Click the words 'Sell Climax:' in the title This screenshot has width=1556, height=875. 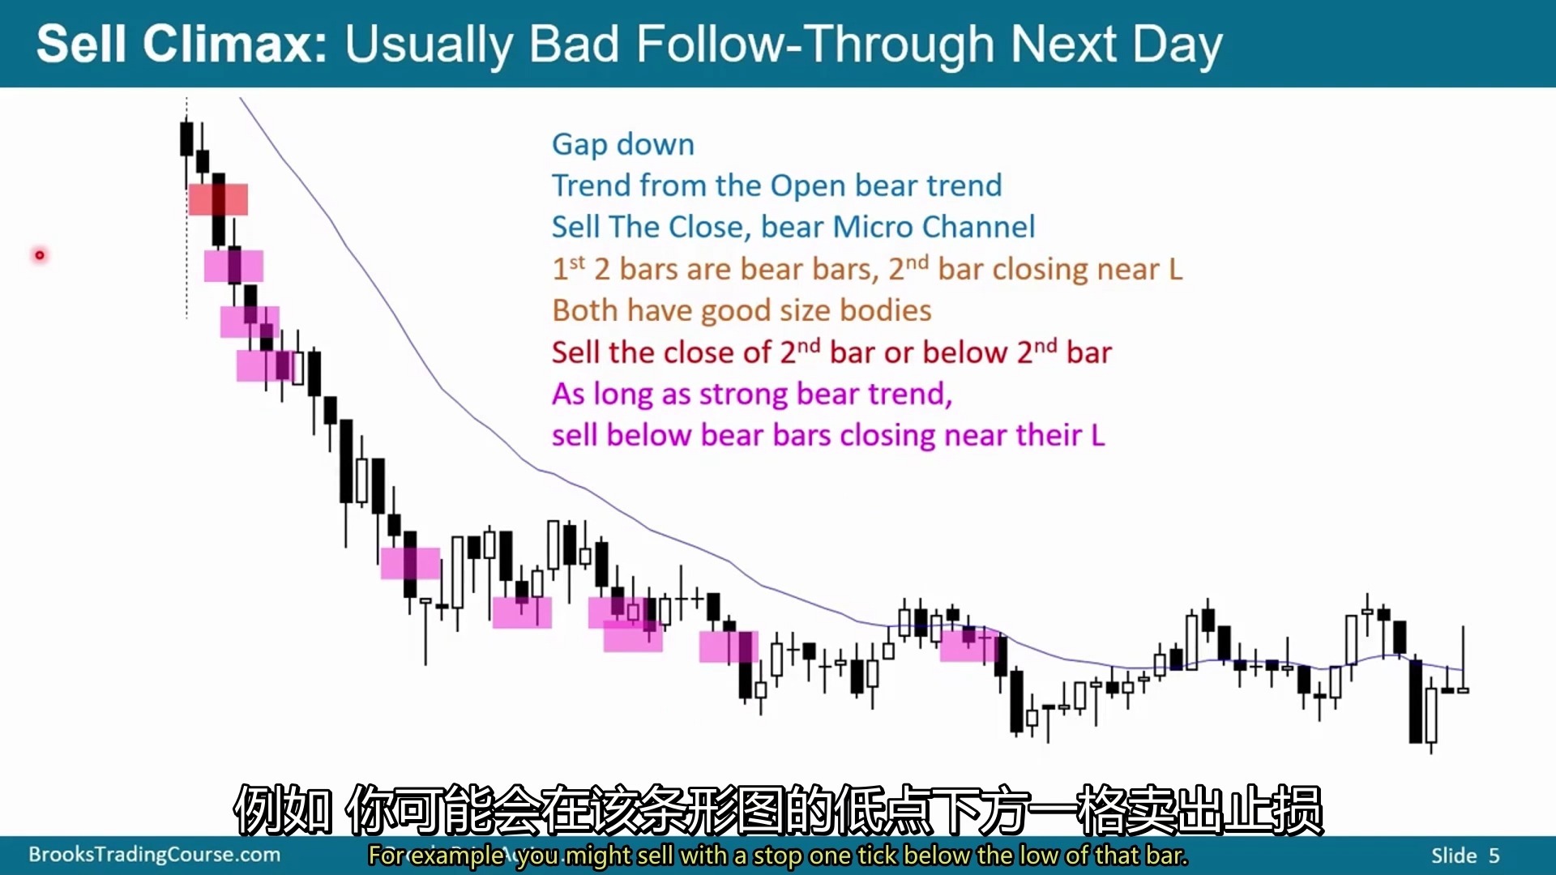click(x=182, y=44)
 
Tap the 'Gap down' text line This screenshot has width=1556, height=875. click(x=623, y=144)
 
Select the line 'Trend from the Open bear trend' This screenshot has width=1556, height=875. click(x=776, y=186)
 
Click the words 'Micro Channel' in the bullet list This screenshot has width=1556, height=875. click(x=934, y=227)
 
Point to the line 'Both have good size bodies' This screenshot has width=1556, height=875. click(x=742, y=310)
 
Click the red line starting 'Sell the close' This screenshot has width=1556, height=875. click(x=831, y=352)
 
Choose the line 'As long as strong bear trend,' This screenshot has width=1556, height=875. click(x=752, y=394)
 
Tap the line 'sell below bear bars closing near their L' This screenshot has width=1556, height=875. click(x=828, y=435)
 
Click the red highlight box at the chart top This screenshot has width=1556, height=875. click(x=218, y=199)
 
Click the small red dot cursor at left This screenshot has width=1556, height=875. click(x=39, y=255)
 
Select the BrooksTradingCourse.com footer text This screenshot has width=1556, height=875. click(x=154, y=855)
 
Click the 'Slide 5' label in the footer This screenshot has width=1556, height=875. click(x=1465, y=856)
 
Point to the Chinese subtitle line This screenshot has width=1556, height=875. click(x=778, y=809)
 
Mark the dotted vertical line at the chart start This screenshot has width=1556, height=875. click(x=186, y=208)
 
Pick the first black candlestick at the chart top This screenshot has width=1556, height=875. click(x=186, y=139)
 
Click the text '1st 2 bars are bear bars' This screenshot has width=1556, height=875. click(x=715, y=268)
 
